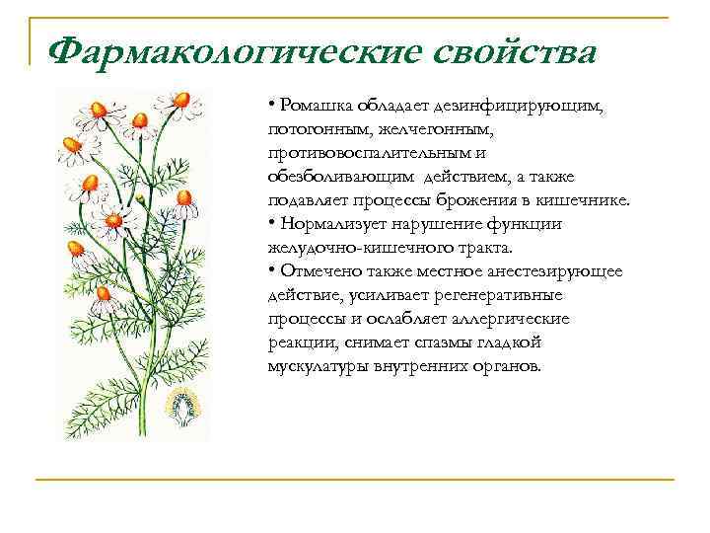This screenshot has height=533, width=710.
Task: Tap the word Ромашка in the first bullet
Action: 312,107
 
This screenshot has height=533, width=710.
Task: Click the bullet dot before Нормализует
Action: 270,224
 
